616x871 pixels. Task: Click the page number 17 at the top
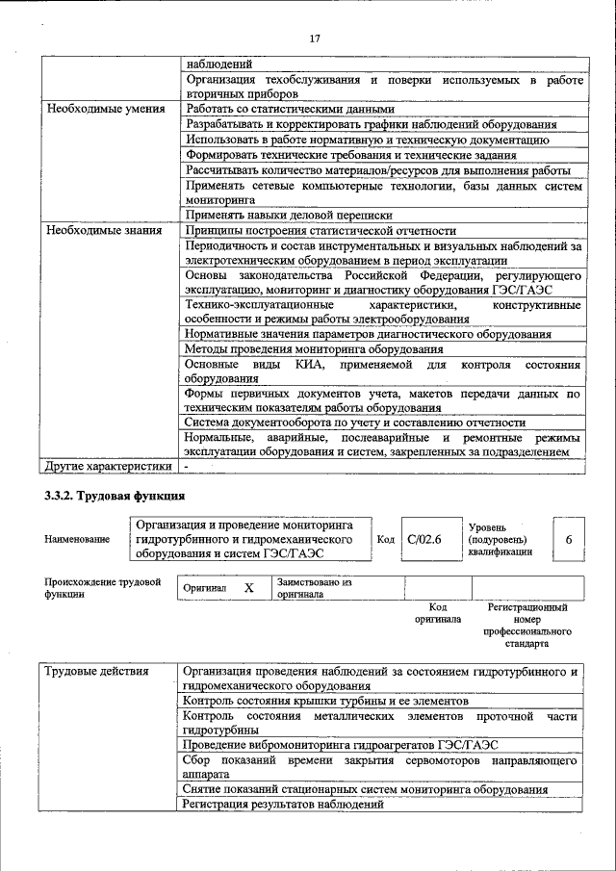[313, 39]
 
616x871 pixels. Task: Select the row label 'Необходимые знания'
[97, 230]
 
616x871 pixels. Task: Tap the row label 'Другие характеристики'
[109, 467]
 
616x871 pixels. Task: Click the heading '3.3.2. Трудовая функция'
[114, 496]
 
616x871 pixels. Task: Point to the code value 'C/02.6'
[423, 540]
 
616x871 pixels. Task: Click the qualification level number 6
[569, 540]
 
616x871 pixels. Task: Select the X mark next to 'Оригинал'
[248, 587]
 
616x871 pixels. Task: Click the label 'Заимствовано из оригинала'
[315, 588]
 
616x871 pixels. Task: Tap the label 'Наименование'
[77, 541]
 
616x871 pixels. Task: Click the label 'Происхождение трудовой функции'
[102, 588]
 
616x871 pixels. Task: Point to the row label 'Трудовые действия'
[97, 671]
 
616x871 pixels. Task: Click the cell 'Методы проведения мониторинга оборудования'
[314, 349]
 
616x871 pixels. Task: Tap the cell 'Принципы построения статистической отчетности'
[321, 230]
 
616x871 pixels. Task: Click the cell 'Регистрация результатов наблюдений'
[283, 805]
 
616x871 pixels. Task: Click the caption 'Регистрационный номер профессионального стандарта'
[527, 625]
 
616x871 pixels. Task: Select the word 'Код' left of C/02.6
[385, 540]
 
